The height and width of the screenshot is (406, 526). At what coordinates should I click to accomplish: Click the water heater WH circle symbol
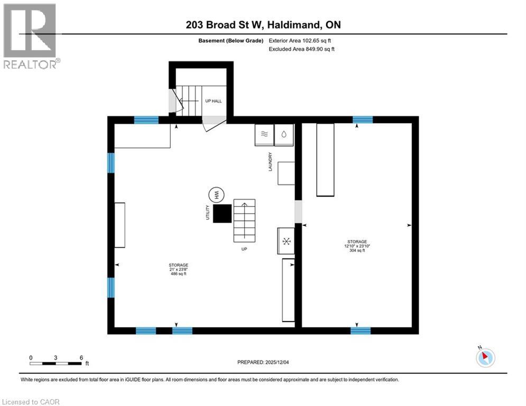pyautogui.click(x=216, y=195)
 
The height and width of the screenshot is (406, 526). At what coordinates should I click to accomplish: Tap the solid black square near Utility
pyautogui.click(x=222, y=213)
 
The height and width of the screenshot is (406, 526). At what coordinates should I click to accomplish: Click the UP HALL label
pyautogui.click(x=213, y=101)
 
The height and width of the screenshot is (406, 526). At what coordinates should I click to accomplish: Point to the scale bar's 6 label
pyautogui.click(x=81, y=357)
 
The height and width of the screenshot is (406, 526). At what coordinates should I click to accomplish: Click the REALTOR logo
pyautogui.click(x=30, y=36)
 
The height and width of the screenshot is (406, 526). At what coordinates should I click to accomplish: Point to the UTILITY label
pyautogui.click(x=208, y=213)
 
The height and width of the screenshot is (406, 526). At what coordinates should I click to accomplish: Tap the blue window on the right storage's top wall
pyautogui.click(x=362, y=119)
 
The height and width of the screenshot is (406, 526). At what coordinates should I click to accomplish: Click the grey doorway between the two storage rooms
pyautogui.click(x=298, y=211)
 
